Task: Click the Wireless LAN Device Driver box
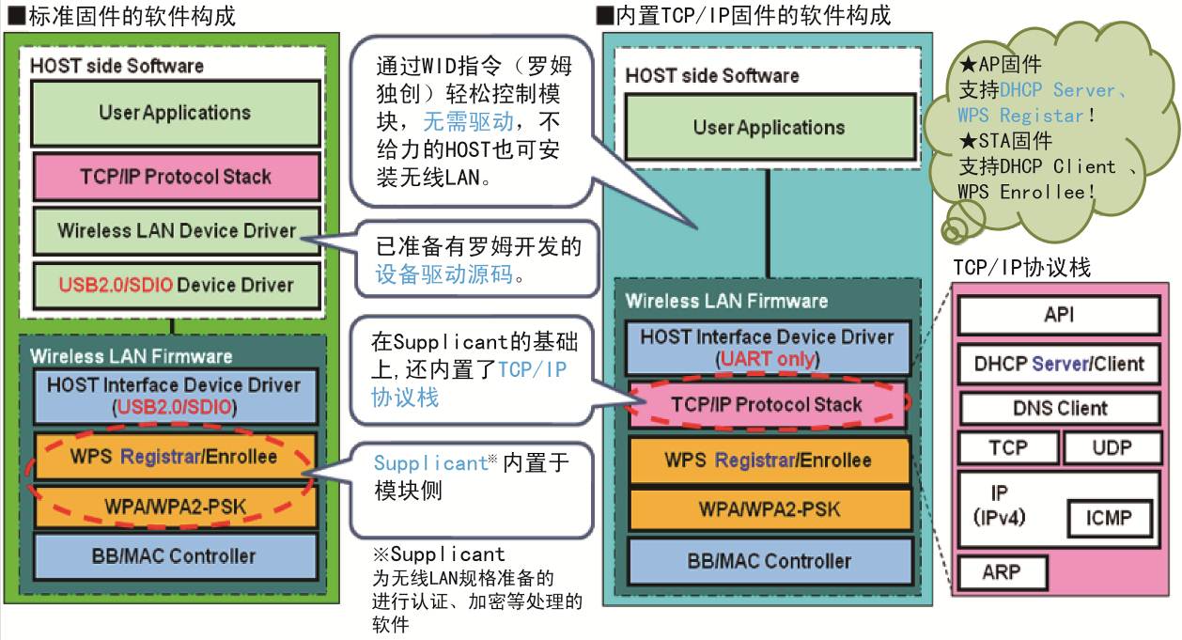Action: coord(177,230)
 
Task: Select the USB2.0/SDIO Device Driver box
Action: coord(177,286)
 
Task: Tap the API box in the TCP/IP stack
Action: coord(1059,315)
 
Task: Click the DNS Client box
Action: coord(1060,408)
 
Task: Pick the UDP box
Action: coord(1112,448)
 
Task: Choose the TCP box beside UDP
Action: coord(1008,448)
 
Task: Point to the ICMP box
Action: coord(1109,518)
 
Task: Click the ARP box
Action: coord(1002,572)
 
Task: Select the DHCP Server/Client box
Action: coord(1059,364)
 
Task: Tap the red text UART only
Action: coord(768,359)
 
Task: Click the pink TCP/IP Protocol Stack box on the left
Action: coord(177,177)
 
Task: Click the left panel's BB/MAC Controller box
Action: coord(175,556)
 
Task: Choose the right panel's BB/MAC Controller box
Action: coord(770,561)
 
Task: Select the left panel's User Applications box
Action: coord(176,113)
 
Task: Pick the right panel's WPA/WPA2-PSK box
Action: coord(770,509)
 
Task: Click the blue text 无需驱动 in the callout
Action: coord(468,122)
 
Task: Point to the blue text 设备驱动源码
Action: coord(443,274)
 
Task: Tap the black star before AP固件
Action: coord(969,64)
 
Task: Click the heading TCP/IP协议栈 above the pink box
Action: coord(1022,268)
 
